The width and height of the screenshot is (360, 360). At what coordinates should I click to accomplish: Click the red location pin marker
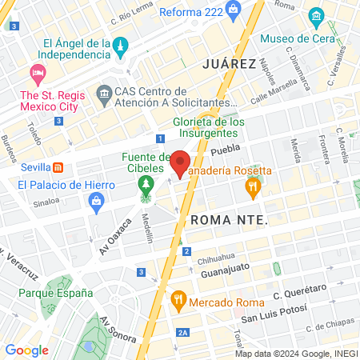[180, 163]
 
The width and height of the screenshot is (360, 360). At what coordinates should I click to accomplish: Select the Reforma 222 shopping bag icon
[233, 12]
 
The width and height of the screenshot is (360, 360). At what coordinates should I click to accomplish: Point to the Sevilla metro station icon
[58, 168]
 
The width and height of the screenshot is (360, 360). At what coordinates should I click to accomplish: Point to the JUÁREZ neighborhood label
[230, 63]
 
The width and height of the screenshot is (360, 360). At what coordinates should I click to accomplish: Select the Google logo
[27, 350]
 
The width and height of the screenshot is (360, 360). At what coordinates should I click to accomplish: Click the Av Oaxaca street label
[114, 239]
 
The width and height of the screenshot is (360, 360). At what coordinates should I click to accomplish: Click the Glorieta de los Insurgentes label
[206, 128]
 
